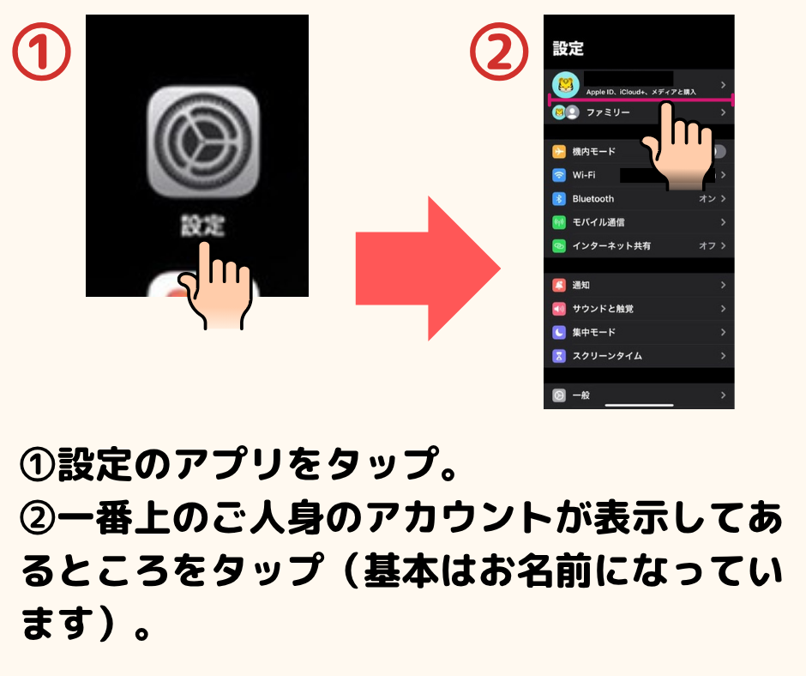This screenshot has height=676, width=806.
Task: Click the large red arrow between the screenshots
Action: [428, 268]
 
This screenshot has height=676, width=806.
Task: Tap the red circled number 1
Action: [41, 51]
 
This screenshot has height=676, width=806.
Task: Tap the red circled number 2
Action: [499, 51]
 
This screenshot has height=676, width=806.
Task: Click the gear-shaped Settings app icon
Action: [203, 142]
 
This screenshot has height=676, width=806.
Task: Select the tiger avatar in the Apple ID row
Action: [565, 85]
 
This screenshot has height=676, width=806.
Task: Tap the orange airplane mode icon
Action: [559, 151]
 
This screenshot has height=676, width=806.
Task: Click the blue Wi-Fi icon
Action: [559, 175]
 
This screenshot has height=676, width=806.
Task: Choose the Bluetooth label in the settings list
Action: [593, 198]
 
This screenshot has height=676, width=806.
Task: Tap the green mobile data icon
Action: [559, 222]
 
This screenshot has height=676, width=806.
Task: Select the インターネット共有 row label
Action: [611, 246]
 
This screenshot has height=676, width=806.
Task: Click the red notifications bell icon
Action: [559, 285]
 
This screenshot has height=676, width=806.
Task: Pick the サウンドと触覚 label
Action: [603, 309]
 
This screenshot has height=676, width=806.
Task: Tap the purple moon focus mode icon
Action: [559, 332]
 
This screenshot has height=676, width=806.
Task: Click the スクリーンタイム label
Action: [607, 356]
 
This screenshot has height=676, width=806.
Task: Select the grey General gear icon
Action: [559, 395]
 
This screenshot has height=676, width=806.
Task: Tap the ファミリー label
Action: [608, 112]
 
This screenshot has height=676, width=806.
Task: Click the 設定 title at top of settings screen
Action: [568, 48]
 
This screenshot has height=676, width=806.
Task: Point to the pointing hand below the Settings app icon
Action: [216, 286]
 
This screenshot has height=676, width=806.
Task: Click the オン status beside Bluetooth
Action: [707, 198]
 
